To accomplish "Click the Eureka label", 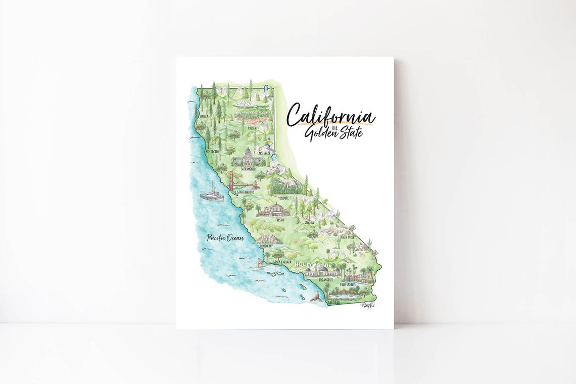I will [x=204, y=116].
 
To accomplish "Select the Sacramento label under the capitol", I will [x=248, y=169].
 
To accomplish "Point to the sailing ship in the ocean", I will [x=212, y=193].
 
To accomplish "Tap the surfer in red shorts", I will [x=260, y=263].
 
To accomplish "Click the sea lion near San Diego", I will [x=316, y=298].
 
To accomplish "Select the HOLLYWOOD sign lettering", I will [x=312, y=265].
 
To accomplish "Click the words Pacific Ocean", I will [x=225, y=237].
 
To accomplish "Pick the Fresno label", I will [x=279, y=220].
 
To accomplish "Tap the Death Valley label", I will [x=348, y=236].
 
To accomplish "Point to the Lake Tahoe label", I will [x=264, y=153].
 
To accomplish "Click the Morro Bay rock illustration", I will [x=268, y=238].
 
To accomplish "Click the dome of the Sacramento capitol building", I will [x=248, y=152].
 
